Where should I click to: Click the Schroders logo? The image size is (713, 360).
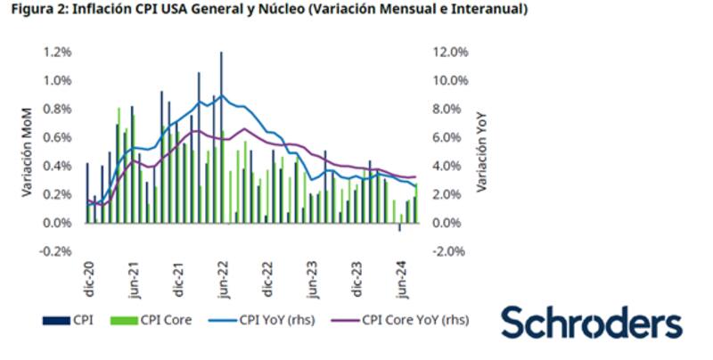pos(591,323)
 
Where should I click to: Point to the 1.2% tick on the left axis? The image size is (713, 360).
pos(57,52)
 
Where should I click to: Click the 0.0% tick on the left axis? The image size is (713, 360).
pos(57,223)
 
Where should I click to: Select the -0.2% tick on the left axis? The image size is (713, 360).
pos(55,251)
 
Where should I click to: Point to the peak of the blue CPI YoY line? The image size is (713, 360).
pos(221,95)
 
